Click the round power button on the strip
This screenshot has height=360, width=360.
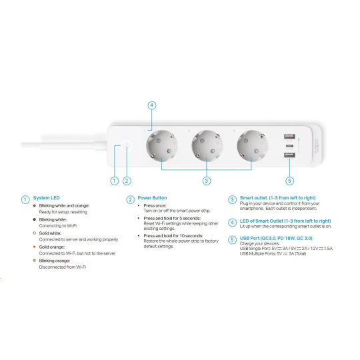coord(126,146)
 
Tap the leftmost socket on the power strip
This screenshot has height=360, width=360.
coord(162,146)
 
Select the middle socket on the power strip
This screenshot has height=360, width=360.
coord(207,146)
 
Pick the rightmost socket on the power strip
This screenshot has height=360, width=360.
coord(253,146)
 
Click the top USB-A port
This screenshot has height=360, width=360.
coord(289,137)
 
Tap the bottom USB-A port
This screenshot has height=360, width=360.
coord(289,155)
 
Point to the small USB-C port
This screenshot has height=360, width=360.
coord(289,146)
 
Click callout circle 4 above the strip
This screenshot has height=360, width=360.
coord(152,105)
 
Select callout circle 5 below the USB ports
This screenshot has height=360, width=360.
coord(289,181)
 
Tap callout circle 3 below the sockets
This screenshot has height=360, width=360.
coord(207,181)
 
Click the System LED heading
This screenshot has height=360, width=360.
coord(47,198)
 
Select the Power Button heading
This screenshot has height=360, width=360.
coord(152,198)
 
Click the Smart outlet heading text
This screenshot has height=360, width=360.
coord(277,198)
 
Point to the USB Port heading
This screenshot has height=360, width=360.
coord(276,238)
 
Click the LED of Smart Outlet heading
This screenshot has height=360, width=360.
coord(285,221)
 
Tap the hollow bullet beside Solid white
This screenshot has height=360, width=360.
coord(35,233)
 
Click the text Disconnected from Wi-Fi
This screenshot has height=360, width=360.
coord(63,267)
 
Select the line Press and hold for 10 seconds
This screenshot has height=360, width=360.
coord(173,236)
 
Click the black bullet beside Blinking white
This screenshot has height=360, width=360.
coord(35,219)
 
